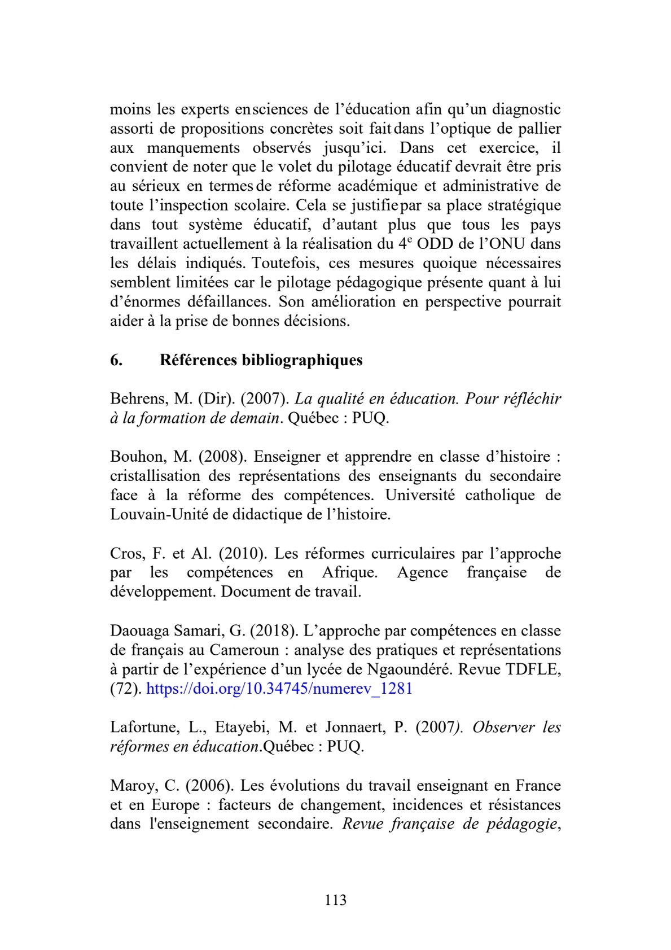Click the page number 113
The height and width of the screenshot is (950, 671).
[335, 900]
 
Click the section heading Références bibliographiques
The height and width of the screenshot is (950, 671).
[261, 360]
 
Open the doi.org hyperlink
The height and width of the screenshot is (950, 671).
[279, 689]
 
